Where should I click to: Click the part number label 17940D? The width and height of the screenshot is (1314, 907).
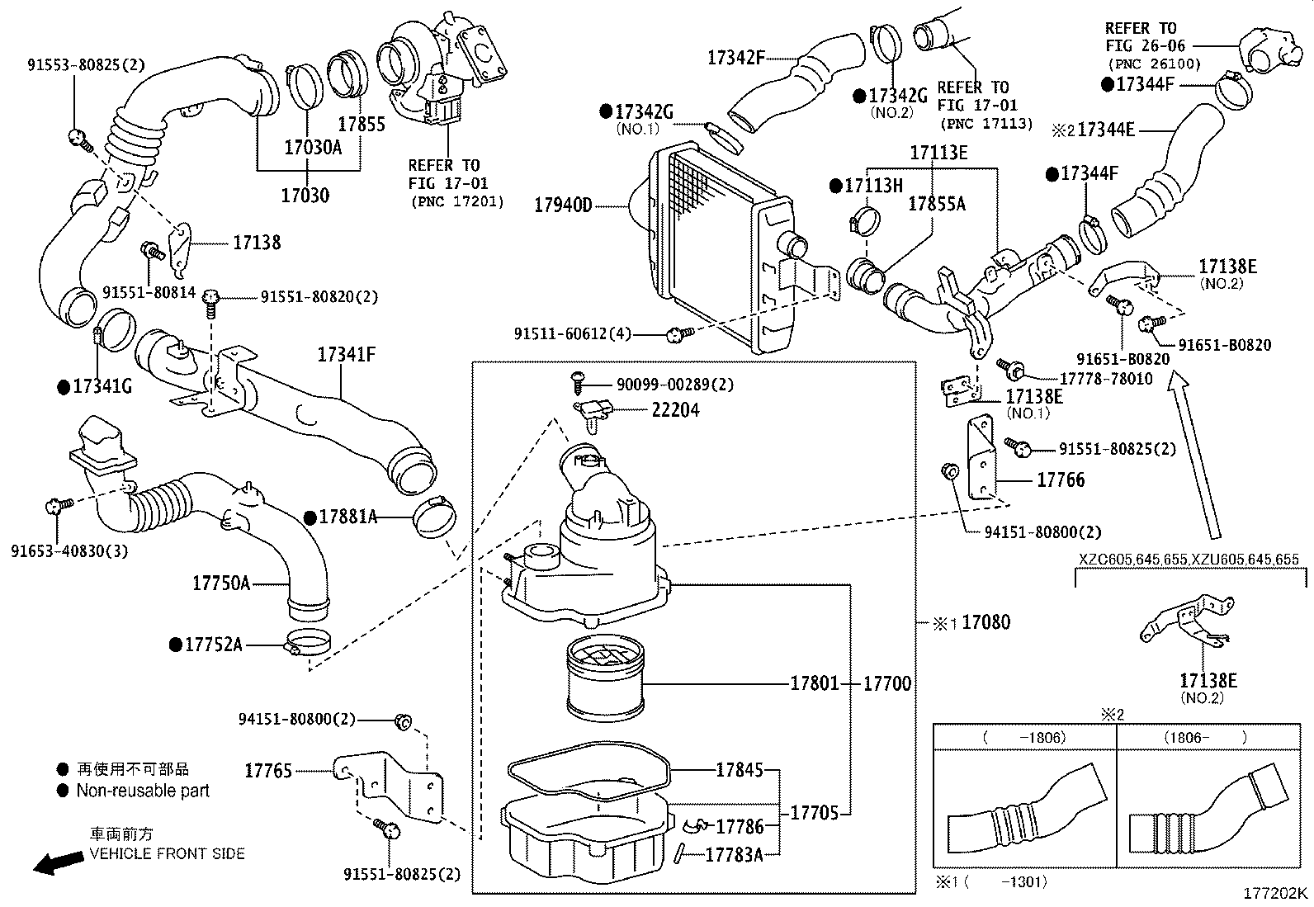point(563,205)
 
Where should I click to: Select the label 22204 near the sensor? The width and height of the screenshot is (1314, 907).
point(675,409)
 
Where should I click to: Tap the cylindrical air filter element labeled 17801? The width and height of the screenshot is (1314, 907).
point(604,679)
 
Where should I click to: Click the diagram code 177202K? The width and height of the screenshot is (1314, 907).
point(1275,893)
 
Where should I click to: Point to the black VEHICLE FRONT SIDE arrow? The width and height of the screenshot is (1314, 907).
point(58,863)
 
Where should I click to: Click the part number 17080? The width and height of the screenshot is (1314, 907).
point(985,622)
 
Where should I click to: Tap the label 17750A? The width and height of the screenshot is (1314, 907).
point(220,583)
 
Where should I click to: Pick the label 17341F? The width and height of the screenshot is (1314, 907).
point(347,355)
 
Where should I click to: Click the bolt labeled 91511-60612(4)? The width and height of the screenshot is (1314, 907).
point(678,334)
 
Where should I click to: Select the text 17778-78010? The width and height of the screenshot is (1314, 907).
point(1106,378)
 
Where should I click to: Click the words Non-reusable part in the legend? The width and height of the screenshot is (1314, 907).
point(143,791)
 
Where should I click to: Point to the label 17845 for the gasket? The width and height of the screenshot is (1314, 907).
point(739,770)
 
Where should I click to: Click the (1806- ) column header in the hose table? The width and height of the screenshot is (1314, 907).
point(1205,737)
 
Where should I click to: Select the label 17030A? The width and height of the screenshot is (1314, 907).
point(312,148)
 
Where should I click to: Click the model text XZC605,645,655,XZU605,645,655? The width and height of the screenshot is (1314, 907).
point(1189,560)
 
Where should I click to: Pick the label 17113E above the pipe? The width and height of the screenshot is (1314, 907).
point(938,153)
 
